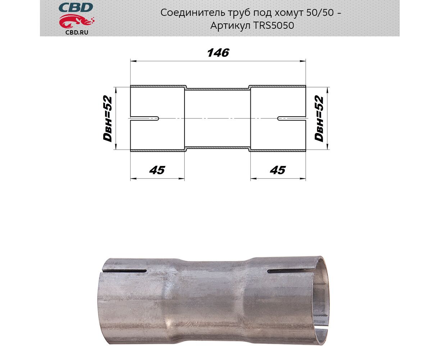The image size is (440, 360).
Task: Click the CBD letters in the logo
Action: [76, 8]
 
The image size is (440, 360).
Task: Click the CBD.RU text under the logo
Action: [77, 32]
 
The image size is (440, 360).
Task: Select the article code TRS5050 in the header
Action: [273, 26]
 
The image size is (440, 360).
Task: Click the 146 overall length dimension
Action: [218, 53]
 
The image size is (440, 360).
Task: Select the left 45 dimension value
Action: [157, 170]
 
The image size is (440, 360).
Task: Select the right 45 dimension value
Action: [278, 170]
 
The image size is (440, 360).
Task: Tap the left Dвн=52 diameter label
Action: [108, 118]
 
